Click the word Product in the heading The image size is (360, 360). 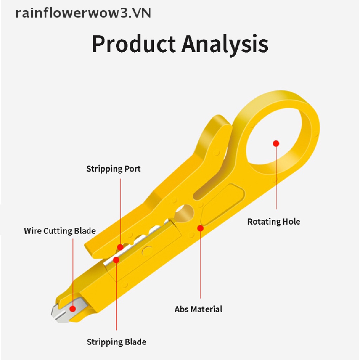[x=134, y=44]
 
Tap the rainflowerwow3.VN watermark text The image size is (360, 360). [x=83, y=13]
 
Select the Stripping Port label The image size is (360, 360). [x=114, y=169]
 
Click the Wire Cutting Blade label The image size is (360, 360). [x=60, y=231]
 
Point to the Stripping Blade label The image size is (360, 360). [x=116, y=342]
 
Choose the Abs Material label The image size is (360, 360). [x=198, y=309]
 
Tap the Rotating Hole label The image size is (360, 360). [x=274, y=221]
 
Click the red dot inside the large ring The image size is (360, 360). [x=276, y=143]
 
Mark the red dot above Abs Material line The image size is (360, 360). [x=200, y=228]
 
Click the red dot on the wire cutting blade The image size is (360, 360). [x=73, y=309]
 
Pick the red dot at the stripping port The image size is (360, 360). [x=120, y=247]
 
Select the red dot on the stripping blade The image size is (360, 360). [x=116, y=260]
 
